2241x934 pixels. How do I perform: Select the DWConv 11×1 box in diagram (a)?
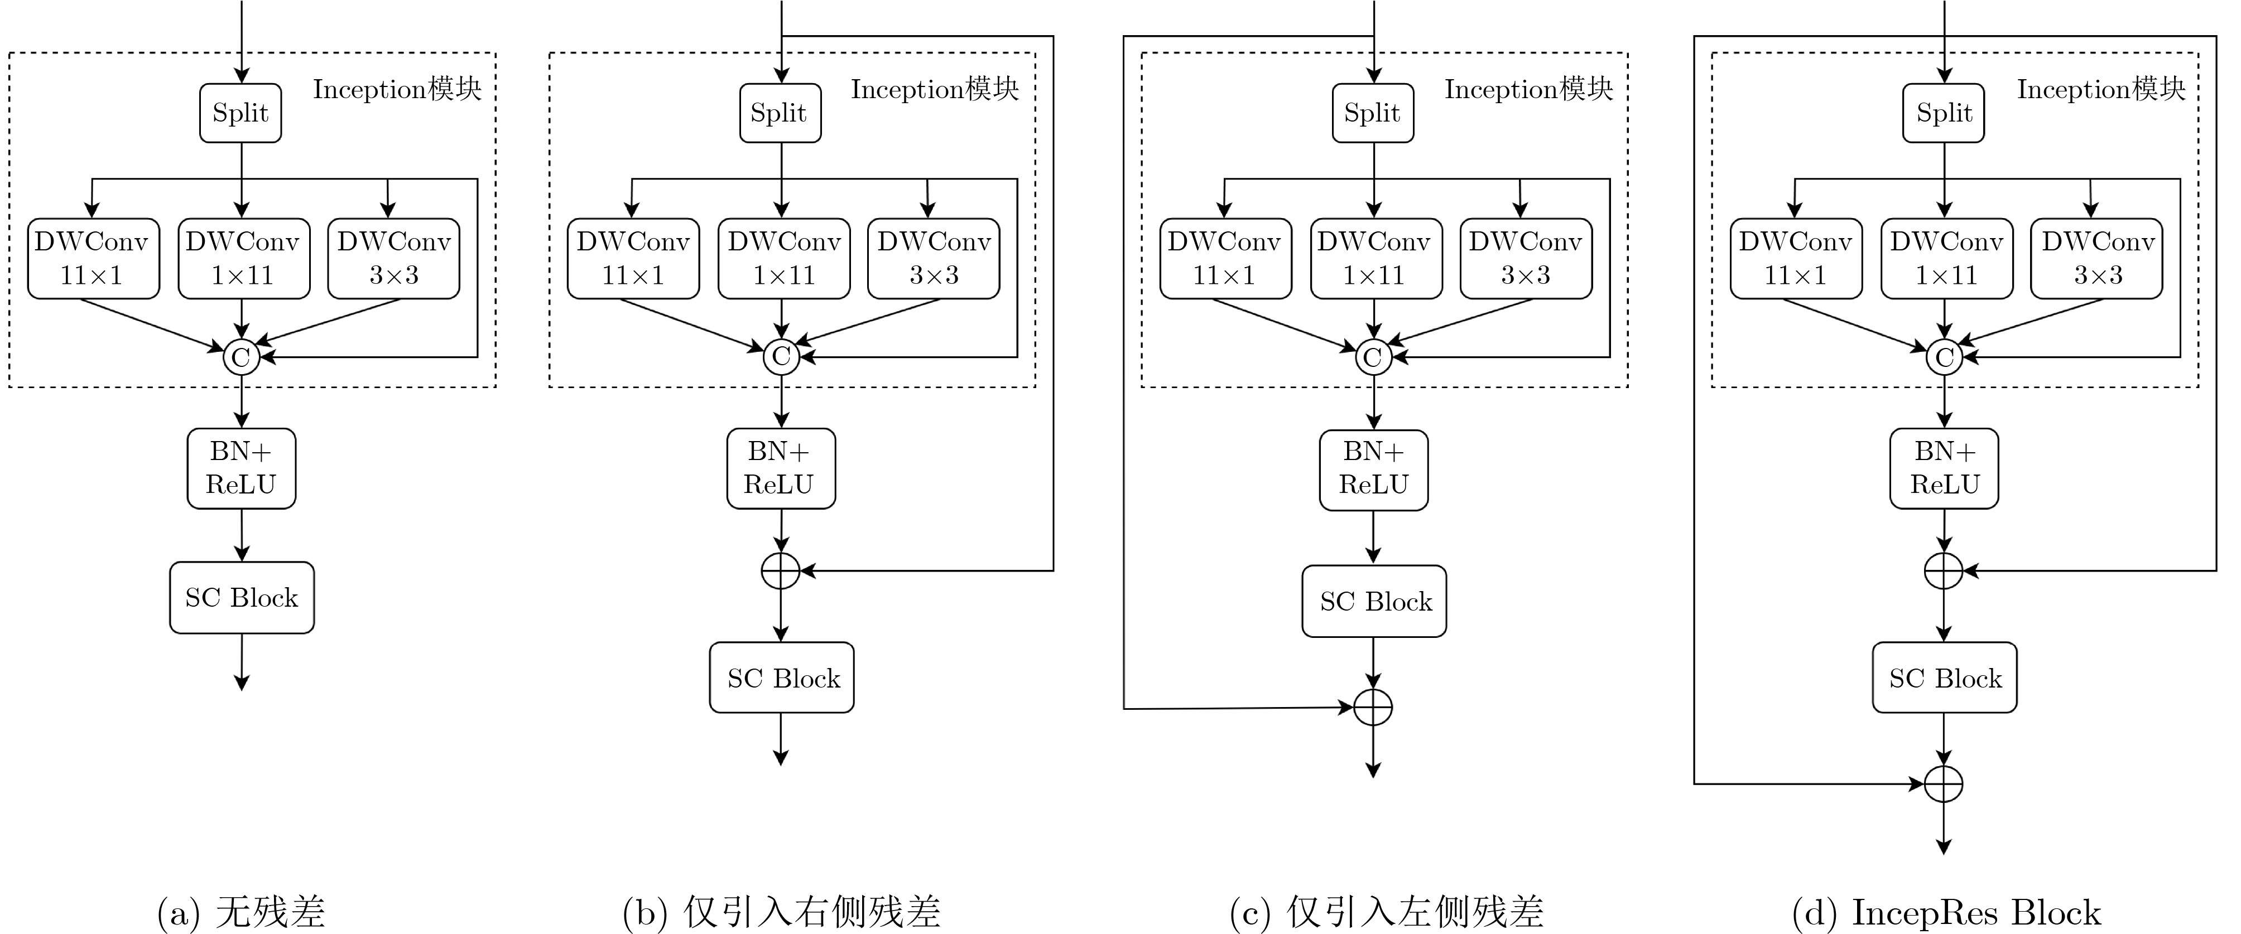point(93,258)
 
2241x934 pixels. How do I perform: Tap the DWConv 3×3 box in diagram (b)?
point(934,258)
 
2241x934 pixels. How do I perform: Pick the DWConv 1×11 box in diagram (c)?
point(1376,258)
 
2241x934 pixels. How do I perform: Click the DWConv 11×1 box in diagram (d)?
point(1796,258)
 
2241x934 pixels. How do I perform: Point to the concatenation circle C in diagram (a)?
point(241,356)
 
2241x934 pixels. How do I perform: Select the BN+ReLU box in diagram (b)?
point(780,468)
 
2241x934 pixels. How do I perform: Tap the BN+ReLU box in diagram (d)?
point(1944,468)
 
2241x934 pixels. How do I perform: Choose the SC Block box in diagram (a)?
point(242,597)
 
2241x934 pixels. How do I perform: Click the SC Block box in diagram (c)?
point(1374,601)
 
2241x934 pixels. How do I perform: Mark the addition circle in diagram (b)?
point(780,570)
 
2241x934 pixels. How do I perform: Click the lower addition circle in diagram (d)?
point(1944,783)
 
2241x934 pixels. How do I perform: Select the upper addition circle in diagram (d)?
point(1944,570)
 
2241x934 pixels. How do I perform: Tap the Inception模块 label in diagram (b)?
point(934,89)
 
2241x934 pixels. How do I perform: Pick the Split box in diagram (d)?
point(1944,113)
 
